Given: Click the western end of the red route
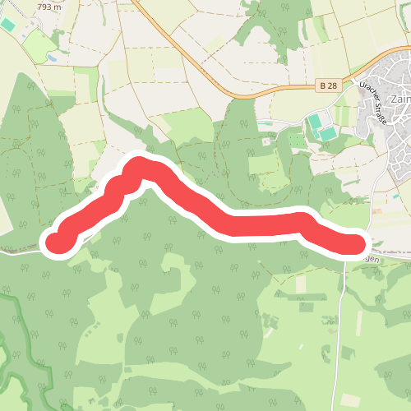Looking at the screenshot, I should tap(55, 242).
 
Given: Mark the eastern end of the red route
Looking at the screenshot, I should tap(356, 244).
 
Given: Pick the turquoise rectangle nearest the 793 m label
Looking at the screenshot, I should tap(7, 25).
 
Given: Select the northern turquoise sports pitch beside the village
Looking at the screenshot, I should tap(314, 122).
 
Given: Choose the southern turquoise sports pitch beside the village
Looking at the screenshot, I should tap(327, 133).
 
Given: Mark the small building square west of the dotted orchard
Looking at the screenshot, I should tap(267, 141).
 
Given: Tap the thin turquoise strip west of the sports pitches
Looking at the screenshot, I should tap(265, 125).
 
